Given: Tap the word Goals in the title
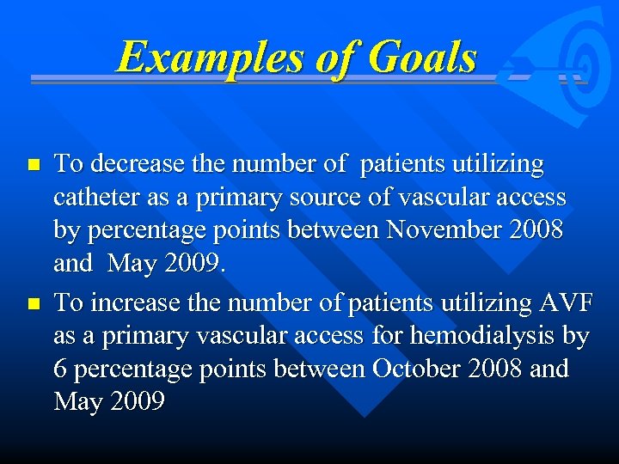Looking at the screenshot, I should pos(420,58).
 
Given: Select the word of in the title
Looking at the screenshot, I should pos(326,58).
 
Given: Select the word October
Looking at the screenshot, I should pos(418,369).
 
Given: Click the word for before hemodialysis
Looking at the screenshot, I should pos(391,336).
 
